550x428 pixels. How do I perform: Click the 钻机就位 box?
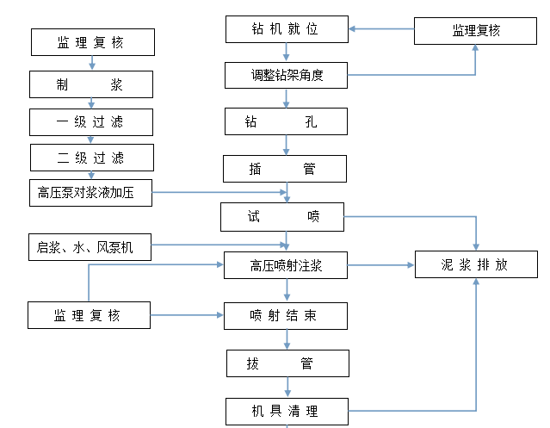[287, 29]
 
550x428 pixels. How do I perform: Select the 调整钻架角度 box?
[287, 75]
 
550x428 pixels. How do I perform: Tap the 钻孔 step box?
[287, 121]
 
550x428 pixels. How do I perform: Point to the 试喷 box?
[282, 217]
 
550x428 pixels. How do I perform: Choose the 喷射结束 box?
[286, 316]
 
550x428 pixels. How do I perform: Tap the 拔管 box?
[287, 363]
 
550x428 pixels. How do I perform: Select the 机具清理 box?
[287, 411]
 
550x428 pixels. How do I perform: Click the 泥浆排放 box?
[476, 264]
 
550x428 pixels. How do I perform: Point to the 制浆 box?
[91, 84]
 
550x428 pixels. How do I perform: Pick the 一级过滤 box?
[91, 121]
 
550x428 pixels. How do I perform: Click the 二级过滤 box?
[91, 158]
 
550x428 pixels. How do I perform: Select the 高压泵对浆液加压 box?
[91, 193]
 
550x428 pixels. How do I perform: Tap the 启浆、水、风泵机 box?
[90, 248]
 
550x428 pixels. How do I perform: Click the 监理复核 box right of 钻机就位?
[476, 31]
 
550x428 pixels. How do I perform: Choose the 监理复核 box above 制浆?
[93, 42]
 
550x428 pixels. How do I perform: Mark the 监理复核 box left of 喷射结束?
[90, 315]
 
